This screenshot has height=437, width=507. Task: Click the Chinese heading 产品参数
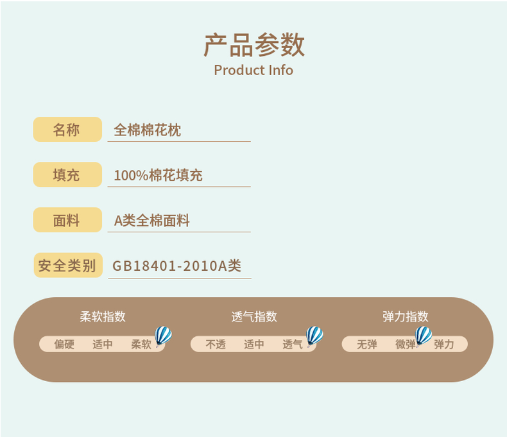(253, 45)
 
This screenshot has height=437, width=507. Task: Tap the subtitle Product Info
(253, 70)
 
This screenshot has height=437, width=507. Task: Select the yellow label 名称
(67, 130)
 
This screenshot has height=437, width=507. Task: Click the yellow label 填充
(67, 175)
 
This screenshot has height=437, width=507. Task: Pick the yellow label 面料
(67, 220)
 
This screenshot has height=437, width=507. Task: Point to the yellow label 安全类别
(67, 265)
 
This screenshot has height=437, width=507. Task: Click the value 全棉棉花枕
(148, 130)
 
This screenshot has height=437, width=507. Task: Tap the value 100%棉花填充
(158, 175)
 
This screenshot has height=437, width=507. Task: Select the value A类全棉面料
(152, 221)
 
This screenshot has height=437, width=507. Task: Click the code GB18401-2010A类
(177, 266)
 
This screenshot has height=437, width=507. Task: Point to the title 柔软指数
(103, 316)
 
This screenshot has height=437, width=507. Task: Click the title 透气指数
(254, 316)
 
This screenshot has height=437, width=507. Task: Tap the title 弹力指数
(405, 316)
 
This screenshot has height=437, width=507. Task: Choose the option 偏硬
(64, 345)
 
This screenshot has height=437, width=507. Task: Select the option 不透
(216, 345)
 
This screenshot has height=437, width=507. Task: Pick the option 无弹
(367, 345)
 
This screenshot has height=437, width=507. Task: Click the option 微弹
(405, 345)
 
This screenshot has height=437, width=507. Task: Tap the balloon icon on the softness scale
(163, 336)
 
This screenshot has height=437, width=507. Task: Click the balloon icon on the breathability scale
(314, 336)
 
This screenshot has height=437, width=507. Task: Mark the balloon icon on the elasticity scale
(424, 336)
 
